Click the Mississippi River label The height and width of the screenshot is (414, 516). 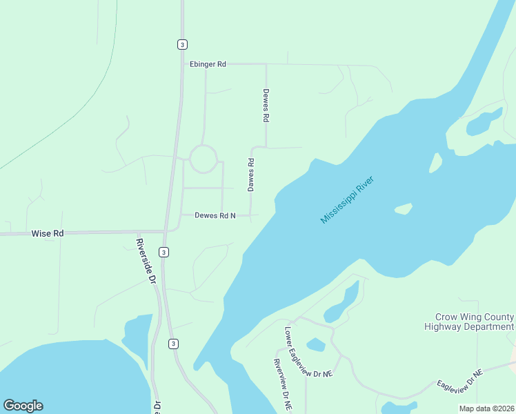pyautogui.click(x=347, y=200)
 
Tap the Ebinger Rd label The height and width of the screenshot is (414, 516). pyautogui.click(x=208, y=64)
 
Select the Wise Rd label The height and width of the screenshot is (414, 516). pyautogui.click(x=48, y=234)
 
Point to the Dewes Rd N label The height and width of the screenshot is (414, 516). pyautogui.click(x=215, y=216)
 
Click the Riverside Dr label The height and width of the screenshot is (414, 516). pyautogui.click(x=146, y=262)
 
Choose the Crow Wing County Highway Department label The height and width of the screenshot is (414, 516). pyautogui.click(x=469, y=322)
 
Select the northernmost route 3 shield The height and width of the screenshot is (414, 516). pyautogui.click(x=181, y=44)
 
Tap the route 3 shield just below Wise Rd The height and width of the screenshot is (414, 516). pyautogui.click(x=163, y=253)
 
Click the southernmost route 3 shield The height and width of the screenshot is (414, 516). pyautogui.click(x=173, y=343)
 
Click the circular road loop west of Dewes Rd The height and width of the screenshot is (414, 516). pyautogui.click(x=204, y=159)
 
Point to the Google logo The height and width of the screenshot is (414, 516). pyautogui.click(x=23, y=406)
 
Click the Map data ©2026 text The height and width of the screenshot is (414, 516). pyautogui.click(x=486, y=408)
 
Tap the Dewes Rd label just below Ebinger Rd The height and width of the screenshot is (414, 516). pyautogui.click(x=265, y=106)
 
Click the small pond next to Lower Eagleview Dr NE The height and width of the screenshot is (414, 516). pyautogui.click(x=315, y=344)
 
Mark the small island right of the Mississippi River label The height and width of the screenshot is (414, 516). pyautogui.click(x=403, y=208)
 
